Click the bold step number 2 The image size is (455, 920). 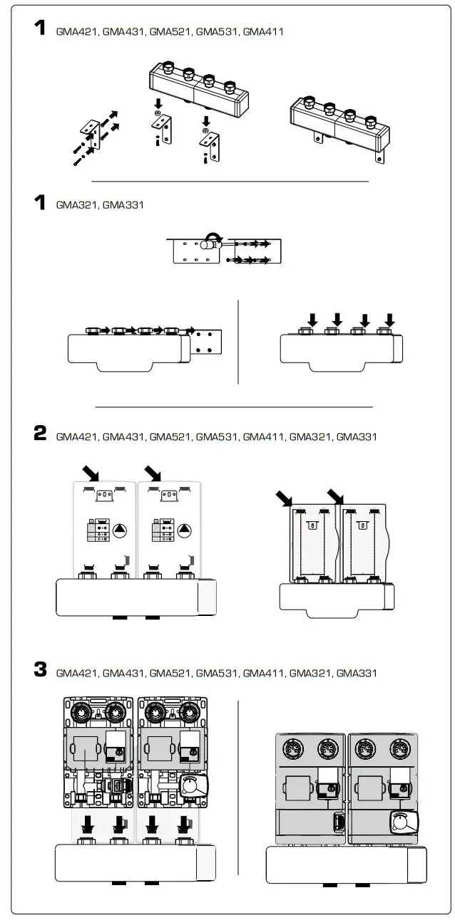[x=40, y=434]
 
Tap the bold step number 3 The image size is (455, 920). [x=40, y=670]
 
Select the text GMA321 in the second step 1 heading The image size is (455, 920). [x=77, y=205]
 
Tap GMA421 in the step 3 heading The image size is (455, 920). [x=77, y=673]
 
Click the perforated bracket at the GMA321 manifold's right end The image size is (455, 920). [x=209, y=343]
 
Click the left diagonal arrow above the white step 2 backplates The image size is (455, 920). [x=91, y=473]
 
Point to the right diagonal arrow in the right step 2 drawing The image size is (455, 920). [x=336, y=496]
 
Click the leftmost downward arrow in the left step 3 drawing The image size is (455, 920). [x=88, y=825]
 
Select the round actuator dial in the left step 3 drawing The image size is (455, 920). [x=192, y=785]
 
